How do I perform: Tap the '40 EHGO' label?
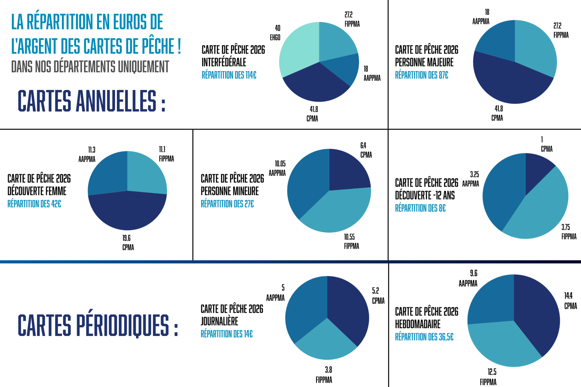(x=275, y=33)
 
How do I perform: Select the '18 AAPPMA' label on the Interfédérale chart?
(x=372, y=73)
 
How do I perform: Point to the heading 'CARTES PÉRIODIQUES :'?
(x=98, y=325)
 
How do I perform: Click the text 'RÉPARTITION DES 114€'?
(x=229, y=75)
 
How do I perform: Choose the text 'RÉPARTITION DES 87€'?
(x=421, y=75)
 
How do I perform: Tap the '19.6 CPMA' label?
(x=128, y=243)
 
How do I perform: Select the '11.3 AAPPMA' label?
(x=87, y=154)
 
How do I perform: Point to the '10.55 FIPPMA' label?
(x=351, y=242)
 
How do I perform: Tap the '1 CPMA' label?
(x=546, y=144)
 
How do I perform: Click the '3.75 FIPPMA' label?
(x=569, y=232)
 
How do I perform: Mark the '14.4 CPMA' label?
(x=570, y=301)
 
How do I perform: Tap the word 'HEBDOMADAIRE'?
(x=417, y=324)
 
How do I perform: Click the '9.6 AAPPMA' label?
(x=468, y=278)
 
